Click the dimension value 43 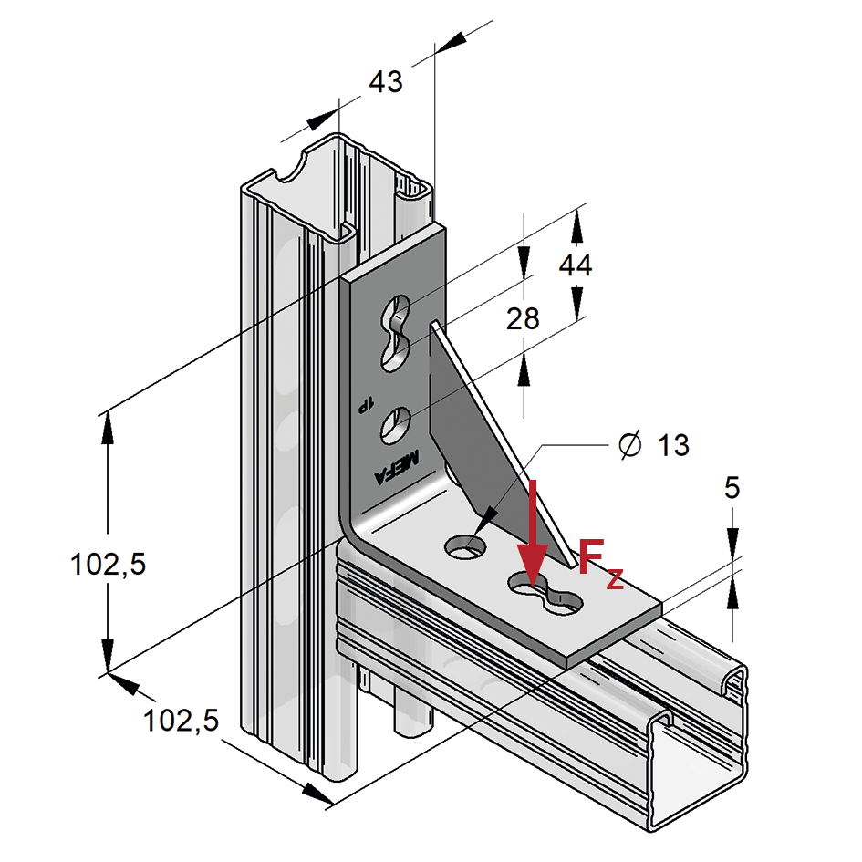pos(385,82)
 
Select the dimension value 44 pos(576,265)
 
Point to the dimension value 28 pos(524,318)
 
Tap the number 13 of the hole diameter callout pos(673,445)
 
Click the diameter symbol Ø pos(628,445)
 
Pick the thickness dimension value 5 pos(732,488)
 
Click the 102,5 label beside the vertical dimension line pos(109,566)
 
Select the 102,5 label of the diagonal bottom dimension pos(181,722)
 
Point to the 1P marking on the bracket pos(365,402)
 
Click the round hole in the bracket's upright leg pos(397,425)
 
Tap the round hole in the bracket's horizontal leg pos(464,546)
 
